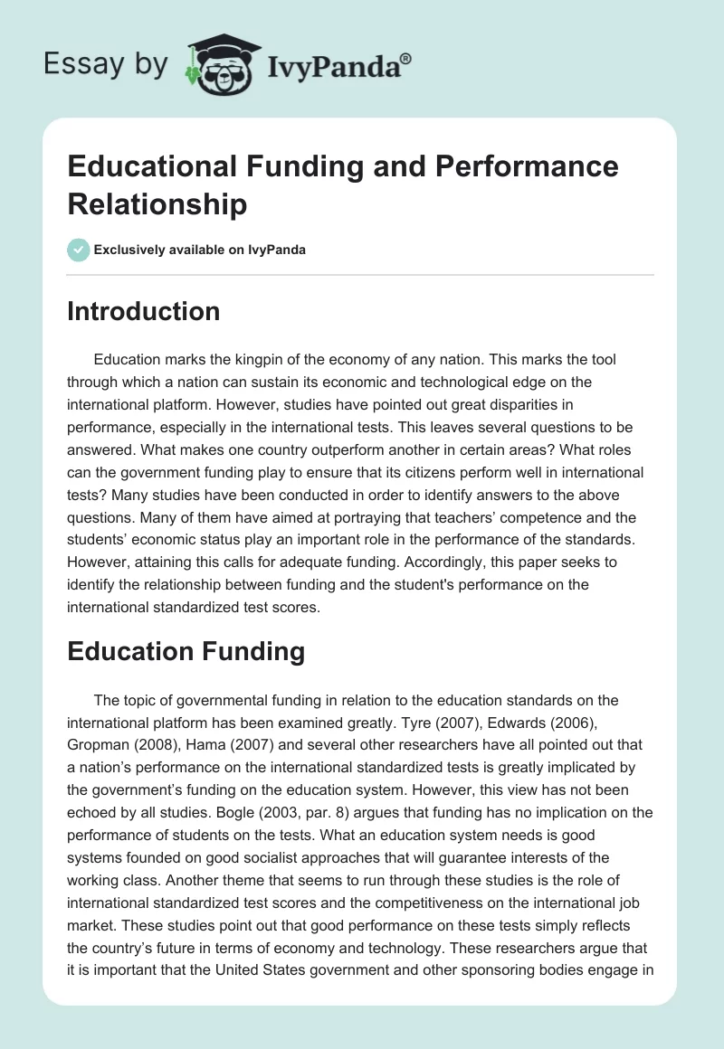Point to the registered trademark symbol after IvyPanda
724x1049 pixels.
[406, 58]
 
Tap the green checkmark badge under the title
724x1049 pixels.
[78, 250]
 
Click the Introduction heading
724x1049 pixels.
[144, 311]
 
